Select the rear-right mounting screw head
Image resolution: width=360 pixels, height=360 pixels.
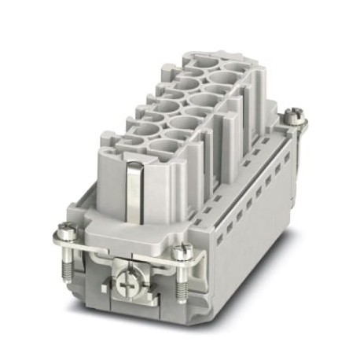pos(292,116)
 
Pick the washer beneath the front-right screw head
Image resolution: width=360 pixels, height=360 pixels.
pos(184,256)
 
